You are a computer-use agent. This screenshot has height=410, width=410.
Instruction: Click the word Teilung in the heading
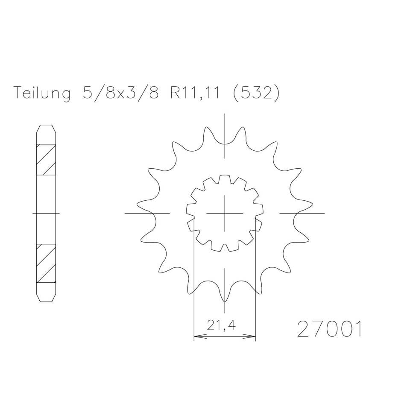(x=41, y=93)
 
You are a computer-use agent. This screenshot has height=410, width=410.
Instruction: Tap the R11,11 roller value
(x=195, y=93)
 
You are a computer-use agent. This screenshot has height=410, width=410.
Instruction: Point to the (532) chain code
(x=256, y=93)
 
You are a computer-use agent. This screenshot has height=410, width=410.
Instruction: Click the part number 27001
(x=328, y=329)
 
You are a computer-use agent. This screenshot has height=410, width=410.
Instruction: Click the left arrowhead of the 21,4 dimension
(x=197, y=337)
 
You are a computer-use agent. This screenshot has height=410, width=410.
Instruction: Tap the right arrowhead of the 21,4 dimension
(x=252, y=337)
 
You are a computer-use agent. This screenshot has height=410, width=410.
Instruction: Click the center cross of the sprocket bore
(x=225, y=213)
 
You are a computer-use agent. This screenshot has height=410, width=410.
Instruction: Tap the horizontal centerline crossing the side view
(x=46, y=213)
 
